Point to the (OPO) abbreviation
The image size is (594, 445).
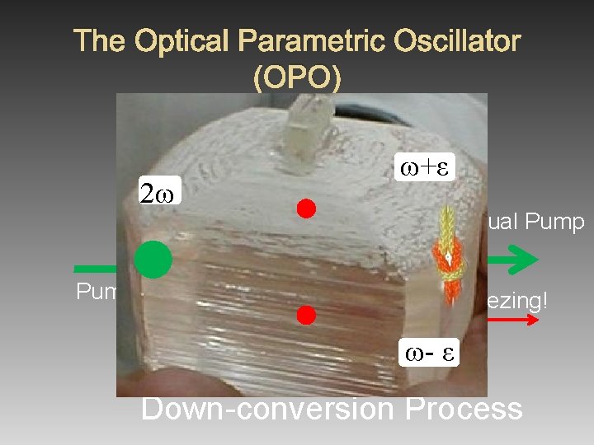click(x=297, y=77)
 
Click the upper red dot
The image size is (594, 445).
click(x=307, y=208)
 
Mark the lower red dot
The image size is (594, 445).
click(x=307, y=314)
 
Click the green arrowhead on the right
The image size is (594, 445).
click(x=521, y=260)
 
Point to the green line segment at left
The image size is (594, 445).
click(x=95, y=268)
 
